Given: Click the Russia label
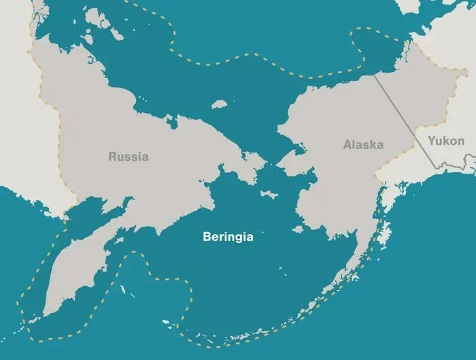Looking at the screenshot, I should (128, 157).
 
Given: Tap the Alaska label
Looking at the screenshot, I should (363, 145).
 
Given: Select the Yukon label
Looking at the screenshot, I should (447, 142).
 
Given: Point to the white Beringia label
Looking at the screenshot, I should (228, 237).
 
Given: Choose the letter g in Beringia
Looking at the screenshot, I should (239, 238).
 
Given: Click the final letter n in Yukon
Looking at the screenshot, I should (461, 142).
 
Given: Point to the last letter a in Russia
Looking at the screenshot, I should (144, 157).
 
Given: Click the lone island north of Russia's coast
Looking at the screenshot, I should (219, 105).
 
